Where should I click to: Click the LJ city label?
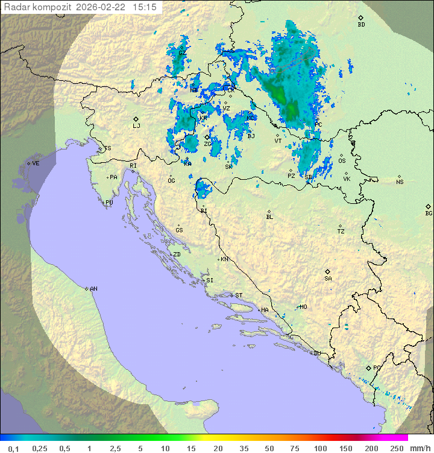tap(136, 126)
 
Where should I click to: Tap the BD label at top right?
tap(361, 25)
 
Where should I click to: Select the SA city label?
tap(328, 279)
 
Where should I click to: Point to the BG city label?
tap(429, 214)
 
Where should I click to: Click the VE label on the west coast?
tap(36, 163)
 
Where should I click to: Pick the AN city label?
tap(93, 289)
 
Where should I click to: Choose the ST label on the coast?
tap(239, 296)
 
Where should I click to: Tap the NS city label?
tap(400, 182)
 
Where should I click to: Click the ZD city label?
tap(177, 255)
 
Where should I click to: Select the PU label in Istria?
tap(109, 203)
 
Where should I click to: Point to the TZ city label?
tap(341, 232)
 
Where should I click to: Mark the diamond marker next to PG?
tap(368, 367)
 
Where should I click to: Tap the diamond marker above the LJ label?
tap(136, 119)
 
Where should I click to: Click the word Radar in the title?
tap(15, 7)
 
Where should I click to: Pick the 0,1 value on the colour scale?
tap(14, 448)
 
